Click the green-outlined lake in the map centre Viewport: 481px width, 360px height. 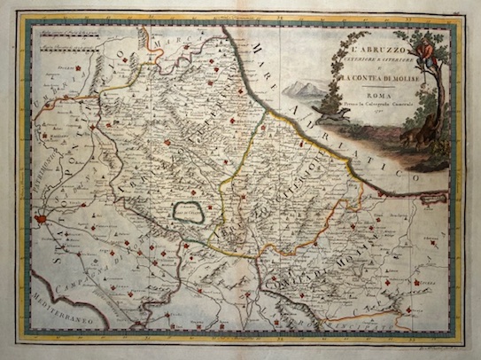pos(189,212)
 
